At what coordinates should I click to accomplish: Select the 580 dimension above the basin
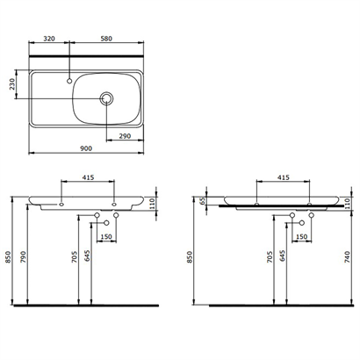(x=104, y=39)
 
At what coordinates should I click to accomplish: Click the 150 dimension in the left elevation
(x=107, y=237)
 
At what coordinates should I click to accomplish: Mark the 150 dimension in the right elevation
(x=302, y=237)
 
